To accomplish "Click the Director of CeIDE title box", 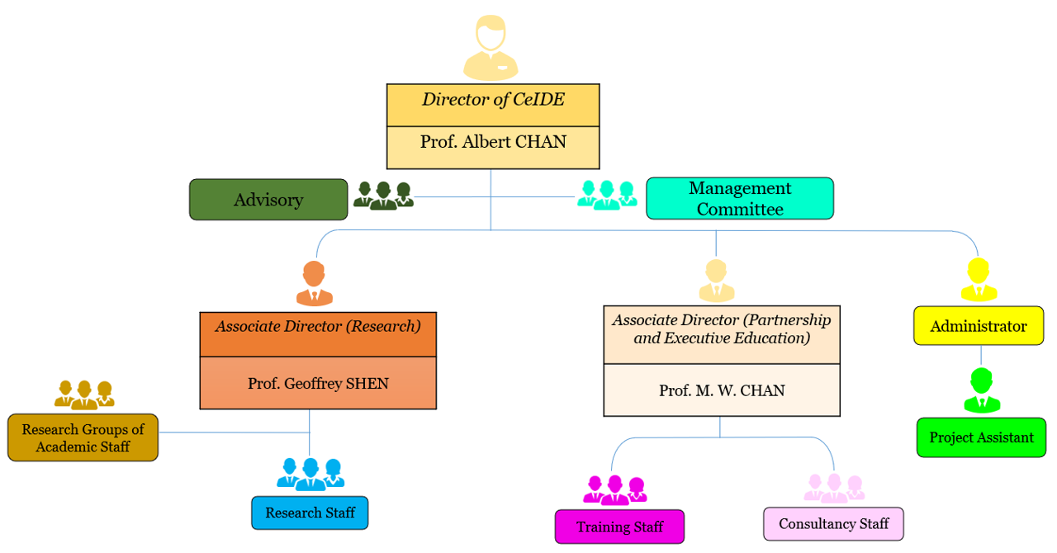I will click(x=493, y=105).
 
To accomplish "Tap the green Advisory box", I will click(x=268, y=200).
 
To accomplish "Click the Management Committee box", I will click(x=739, y=199).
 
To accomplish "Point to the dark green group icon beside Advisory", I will click(x=383, y=196).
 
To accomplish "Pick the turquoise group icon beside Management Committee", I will click(x=607, y=195).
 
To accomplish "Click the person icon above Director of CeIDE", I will click(x=491, y=47).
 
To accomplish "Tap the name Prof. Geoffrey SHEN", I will click(x=318, y=384).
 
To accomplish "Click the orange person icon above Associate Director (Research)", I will click(x=314, y=284).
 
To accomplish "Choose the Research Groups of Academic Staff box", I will click(x=83, y=437).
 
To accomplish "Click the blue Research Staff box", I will click(x=310, y=513).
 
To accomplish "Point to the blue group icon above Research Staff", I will click(x=310, y=474).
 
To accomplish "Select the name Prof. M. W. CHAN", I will click(x=722, y=390).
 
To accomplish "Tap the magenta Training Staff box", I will click(x=619, y=527).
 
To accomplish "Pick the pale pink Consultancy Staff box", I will click(x=833, y=524).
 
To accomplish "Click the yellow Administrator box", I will click(x=979, y=326).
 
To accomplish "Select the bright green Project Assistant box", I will click(x=981, y=437).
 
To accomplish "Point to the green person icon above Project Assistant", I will click(x=982, y=391).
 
